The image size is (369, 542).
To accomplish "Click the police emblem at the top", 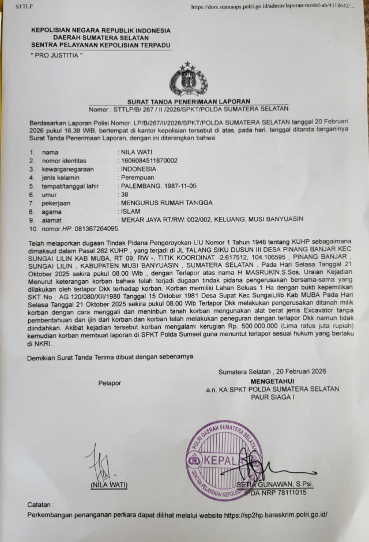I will pos(189,80).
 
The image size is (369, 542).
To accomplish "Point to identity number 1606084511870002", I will pos(148,161).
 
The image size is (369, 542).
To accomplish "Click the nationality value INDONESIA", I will pos(138,169).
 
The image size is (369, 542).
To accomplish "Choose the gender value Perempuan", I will pos(137,178).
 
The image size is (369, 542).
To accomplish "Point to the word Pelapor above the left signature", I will pos(110,382).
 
